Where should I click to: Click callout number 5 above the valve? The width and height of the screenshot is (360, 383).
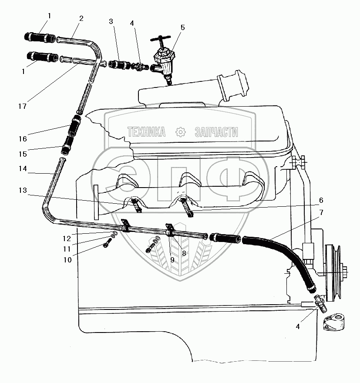[x=182, y=27]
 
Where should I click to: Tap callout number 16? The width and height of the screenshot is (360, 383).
[x=23, y=139]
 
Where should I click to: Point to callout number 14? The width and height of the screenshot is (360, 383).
[x=23, y=168]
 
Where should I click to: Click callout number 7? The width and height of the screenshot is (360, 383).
[x=321, y=213]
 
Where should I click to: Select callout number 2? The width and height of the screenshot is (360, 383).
[x=81, y=18]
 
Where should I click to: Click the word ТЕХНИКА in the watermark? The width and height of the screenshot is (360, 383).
[x=146, y=132]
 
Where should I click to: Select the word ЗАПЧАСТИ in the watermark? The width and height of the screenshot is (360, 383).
[x=216, y=132]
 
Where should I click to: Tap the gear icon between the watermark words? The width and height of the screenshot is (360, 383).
[x=180, y=132]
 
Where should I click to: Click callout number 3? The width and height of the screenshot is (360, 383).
[x=111, y=21]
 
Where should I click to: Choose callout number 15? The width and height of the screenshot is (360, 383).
[x=23, y=154]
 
